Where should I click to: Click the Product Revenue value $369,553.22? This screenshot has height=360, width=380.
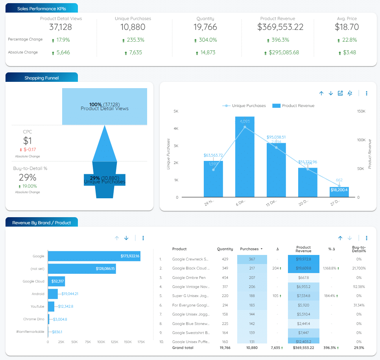click(280, 27)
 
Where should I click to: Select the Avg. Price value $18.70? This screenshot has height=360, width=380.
click(347, 27)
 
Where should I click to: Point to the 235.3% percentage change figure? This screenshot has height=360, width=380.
click(133, 40)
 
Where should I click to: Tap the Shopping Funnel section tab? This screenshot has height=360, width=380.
click(41, 78)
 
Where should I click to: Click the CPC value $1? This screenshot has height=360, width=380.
click(28, 141)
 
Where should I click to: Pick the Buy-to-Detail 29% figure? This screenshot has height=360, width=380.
click(28, 177)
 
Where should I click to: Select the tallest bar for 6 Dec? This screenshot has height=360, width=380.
click(245, 157)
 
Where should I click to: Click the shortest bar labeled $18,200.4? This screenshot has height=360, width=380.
click(339, 192)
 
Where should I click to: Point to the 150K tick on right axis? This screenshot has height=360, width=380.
click(361, 111)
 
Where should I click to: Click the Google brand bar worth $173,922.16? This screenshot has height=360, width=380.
click(94, 256)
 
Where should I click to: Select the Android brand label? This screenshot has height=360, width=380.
click(38, 294)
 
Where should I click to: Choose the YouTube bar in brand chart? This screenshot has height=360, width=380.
click(51, 306)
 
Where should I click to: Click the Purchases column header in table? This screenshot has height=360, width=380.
click(250, 249)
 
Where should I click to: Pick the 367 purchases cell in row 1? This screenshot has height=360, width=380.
click(252, 259)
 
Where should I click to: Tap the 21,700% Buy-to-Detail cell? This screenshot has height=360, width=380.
click(358, 268)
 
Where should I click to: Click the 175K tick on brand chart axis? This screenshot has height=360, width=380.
click(141, 342)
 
